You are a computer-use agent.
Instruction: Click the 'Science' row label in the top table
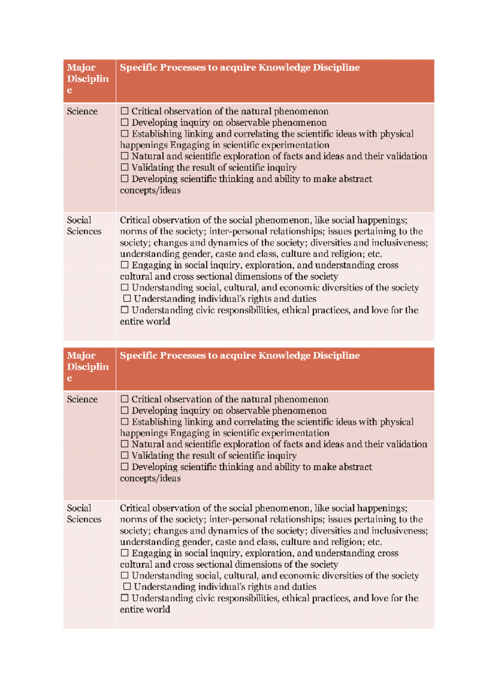point(82,111)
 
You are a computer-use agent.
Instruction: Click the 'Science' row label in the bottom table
point(82,399)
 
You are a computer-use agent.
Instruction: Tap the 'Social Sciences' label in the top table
point(84,226)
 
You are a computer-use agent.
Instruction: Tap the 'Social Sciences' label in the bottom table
point(84,514)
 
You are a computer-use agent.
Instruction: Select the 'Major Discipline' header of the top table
point(87,78)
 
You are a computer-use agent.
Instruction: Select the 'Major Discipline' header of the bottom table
point(87,366)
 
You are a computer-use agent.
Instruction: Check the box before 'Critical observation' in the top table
point(125,111)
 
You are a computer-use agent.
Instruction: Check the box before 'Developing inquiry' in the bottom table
point(125,410)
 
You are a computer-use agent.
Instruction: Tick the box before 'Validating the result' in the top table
point(125,167)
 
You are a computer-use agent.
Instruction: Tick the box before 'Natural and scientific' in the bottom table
point(125,444)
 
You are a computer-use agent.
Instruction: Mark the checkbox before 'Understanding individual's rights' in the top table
point(127,298)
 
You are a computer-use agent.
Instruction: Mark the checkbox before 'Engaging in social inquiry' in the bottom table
point(125,553)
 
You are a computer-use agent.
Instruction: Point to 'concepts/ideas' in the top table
point(150,190)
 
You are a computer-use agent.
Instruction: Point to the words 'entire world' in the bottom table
point(145,609)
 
